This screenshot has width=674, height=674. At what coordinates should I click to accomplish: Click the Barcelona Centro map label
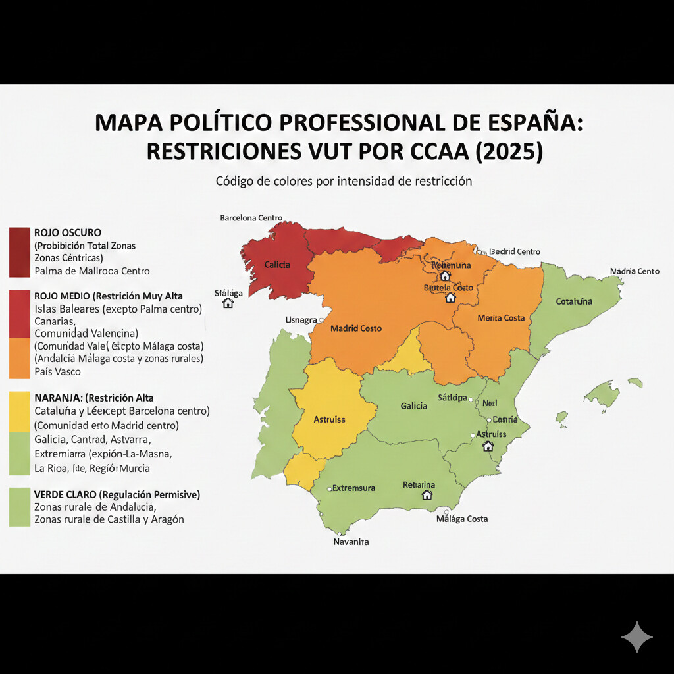tap(251, 218)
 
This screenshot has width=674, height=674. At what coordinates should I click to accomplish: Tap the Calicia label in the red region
tap(277, 265)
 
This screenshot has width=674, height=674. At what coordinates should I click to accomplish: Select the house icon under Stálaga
tap(228, 303)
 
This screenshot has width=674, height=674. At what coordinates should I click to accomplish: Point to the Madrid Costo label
tap(355, 328)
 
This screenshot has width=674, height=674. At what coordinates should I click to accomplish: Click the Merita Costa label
tap(501, 318)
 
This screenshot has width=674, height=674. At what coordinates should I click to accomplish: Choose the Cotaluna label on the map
tap(574, 301)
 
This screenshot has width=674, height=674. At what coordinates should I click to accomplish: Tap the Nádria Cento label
tap(635, 271)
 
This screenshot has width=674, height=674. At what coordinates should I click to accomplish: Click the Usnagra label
tap(301, 320)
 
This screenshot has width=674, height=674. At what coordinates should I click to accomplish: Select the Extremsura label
tap(353, 488)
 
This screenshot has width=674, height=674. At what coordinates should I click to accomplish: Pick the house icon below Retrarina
tap(427, 495)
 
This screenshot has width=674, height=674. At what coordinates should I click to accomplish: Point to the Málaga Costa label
tap(462, 519)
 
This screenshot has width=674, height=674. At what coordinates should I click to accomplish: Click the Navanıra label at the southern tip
tap(351, 542)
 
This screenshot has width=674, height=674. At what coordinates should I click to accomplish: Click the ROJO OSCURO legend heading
tap(67, 232)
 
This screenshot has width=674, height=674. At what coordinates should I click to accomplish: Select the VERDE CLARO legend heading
tap(117, 494)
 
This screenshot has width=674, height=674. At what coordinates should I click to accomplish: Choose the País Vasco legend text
tap(57, 371)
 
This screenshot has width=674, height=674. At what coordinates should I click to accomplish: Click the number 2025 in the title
tap(511, 151)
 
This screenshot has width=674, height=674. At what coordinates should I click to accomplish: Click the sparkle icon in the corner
tap(636, 636)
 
